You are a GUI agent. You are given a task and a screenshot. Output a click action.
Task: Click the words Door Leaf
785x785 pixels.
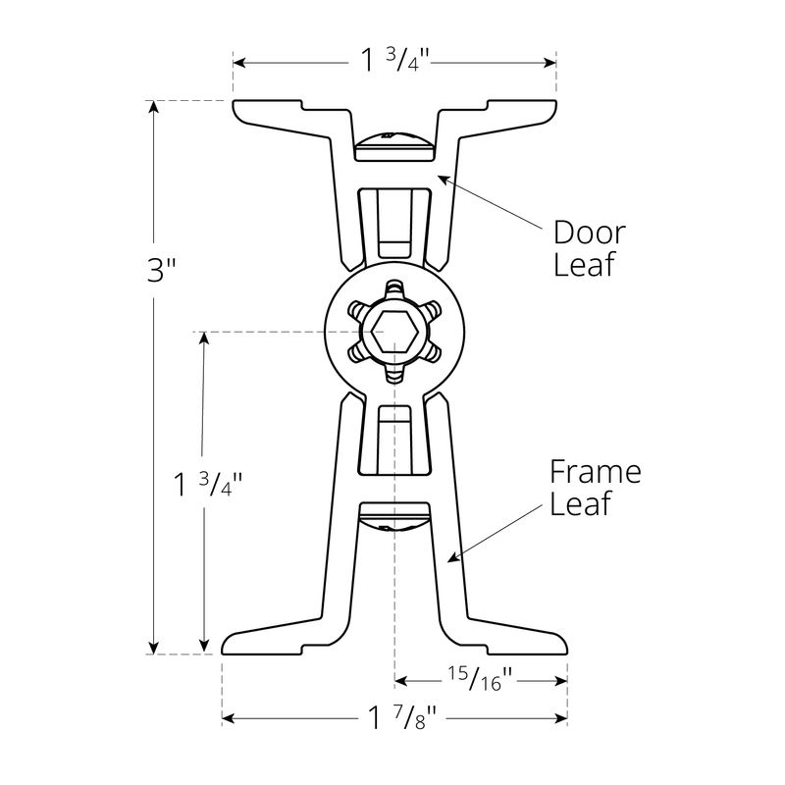589,249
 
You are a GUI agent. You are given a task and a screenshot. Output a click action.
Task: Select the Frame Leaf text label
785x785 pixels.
595,488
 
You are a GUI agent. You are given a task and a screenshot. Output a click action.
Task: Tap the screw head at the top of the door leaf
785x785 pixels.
393,146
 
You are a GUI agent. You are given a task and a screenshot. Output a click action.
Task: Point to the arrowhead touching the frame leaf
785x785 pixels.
452,558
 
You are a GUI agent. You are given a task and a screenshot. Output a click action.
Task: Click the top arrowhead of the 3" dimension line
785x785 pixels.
153,107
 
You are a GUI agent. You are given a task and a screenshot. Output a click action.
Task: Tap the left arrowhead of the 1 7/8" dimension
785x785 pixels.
229,719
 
